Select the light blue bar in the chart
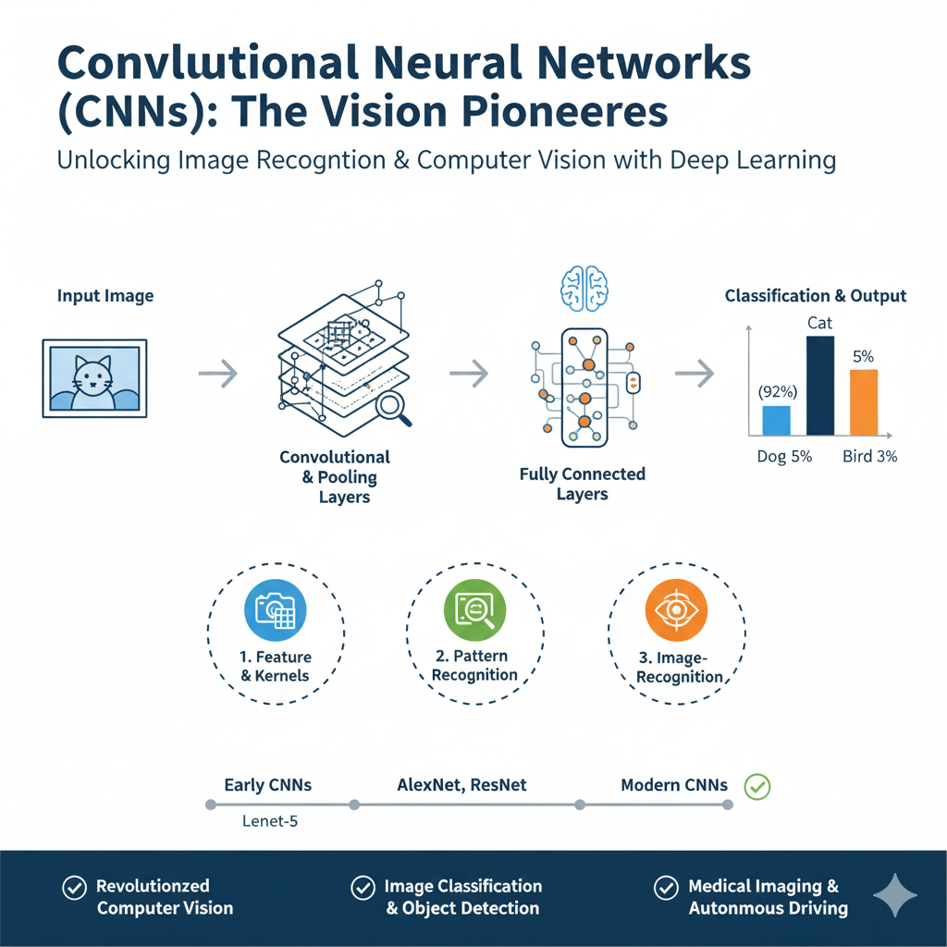[776, 420]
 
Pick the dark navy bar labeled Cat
[820, 386]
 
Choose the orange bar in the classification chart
[863, 402]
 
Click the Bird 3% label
[869, 456]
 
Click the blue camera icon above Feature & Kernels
[276, 609]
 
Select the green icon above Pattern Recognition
[475, 609]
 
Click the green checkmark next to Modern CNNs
[757, 787]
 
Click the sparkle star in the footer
[895, 894]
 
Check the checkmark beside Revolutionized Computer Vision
[73, 888]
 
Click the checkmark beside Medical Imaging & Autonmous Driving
[665, 888]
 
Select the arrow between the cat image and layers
[218, 374]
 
